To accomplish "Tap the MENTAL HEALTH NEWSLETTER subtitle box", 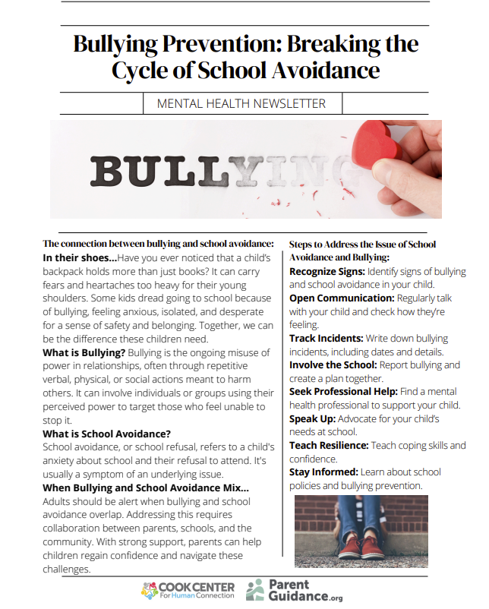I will (x=241, y=103).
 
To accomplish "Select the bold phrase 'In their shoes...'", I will (x=80, y=257).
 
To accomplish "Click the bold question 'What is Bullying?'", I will (x=84, y=353).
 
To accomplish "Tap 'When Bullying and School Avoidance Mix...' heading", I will (x=145, y=488).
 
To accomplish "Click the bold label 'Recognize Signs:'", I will (x=327, y=271).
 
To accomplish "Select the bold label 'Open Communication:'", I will (x=342, y=298).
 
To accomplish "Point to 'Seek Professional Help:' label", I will (x=343, y=392).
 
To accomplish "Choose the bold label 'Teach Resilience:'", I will (x=329, y=445).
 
